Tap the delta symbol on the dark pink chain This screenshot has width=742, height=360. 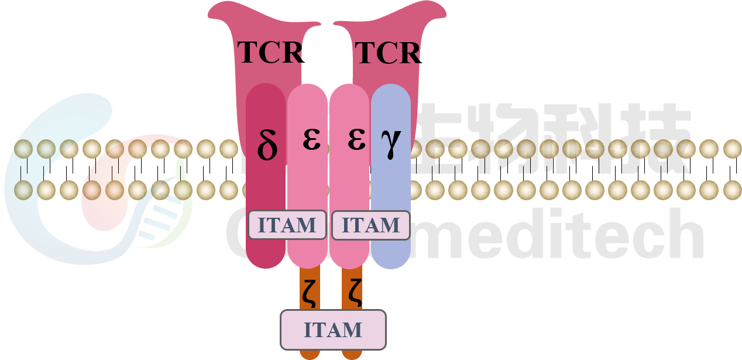[x=267, y=147]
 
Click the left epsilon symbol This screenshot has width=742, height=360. [x=311, y=139]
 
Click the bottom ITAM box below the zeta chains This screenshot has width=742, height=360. [x=333, y=330]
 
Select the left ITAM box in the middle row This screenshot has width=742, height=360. [x=287, y=225]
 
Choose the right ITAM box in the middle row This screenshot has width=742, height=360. [x=370, y=225]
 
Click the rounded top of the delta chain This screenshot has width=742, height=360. [x=266, y=94]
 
